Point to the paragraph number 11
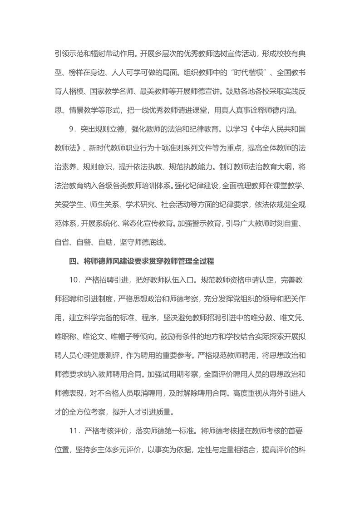click(x=74, y=431)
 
